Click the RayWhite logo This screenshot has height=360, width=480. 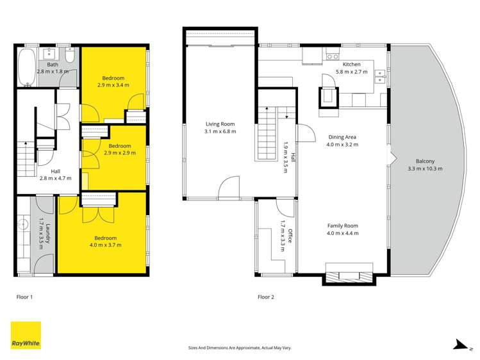point(26,335)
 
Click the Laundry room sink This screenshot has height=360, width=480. point(24,225)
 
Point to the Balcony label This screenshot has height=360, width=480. point(425,161)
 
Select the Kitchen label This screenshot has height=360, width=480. point(352,64)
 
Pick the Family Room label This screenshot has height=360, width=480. point(342,225)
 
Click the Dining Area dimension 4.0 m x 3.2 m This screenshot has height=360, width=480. point(342,145)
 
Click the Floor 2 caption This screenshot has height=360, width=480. point(266,297)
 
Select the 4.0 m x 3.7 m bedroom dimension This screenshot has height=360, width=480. point(106,245)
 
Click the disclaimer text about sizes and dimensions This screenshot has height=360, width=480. point(240,348)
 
